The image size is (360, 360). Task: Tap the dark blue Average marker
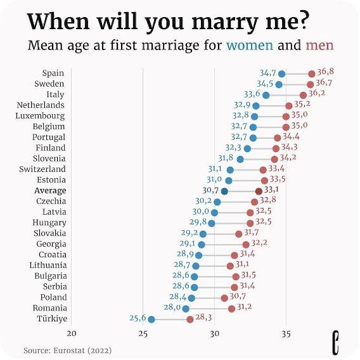(224, 191)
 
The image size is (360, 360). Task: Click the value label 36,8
(325, 72)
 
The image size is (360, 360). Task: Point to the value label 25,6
(138, 318)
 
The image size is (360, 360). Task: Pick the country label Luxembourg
(40, 116)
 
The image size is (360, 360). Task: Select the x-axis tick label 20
(72, 334)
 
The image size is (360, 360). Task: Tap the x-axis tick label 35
(286, 334)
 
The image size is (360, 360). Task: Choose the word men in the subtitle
(319, 46)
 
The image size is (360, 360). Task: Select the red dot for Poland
(224, 297)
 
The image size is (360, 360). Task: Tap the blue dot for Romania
(186, 309)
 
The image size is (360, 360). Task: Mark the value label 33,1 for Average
(272, 189)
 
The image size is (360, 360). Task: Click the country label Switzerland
(42, 169)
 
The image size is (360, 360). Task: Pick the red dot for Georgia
(246, 245)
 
